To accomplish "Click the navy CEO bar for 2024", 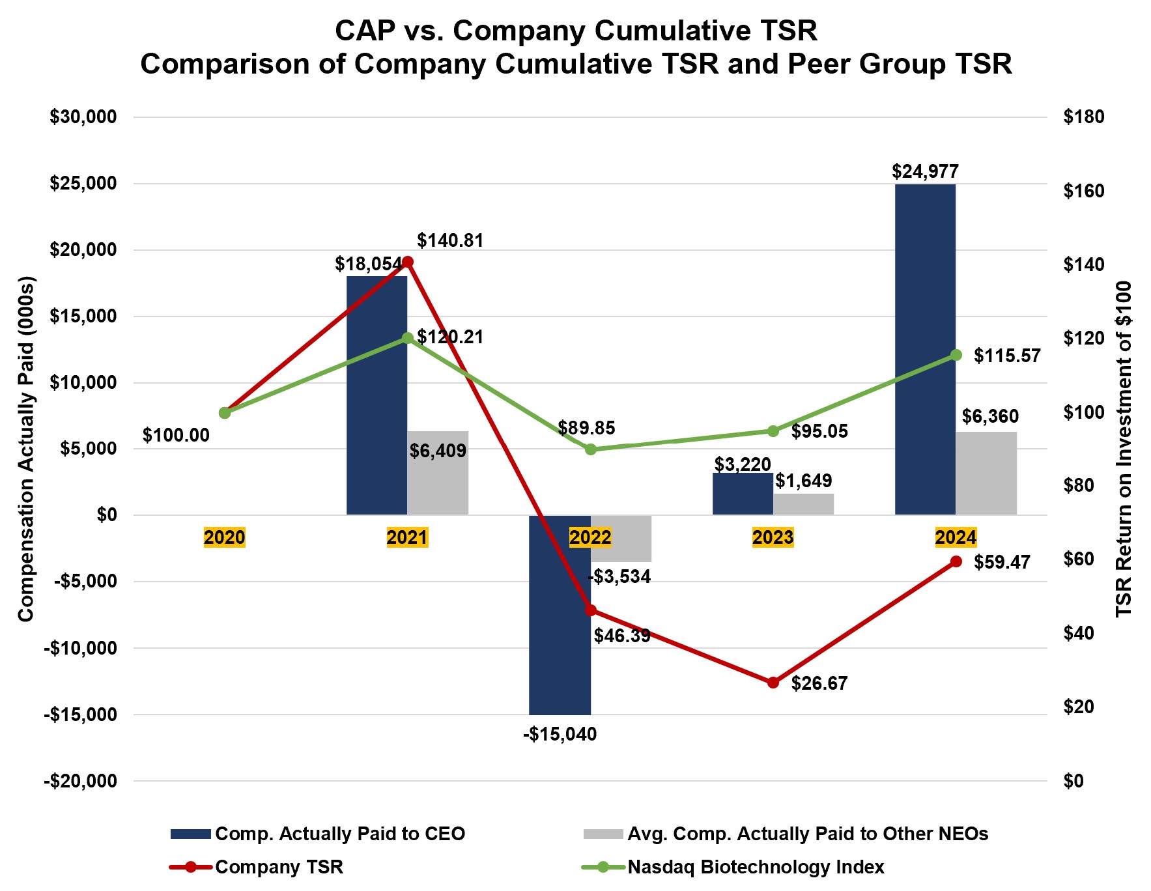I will tap(925, 349).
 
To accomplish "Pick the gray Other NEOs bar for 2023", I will tap(803, 504).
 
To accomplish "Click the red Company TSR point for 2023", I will tap(773, 683).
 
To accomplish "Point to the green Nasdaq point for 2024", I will tap(956, 355).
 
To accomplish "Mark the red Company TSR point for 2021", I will tap(408, 262).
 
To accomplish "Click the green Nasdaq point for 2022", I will tap(591, 449).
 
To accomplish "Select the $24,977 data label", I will tap(925, 171).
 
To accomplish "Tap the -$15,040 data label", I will tap(560, 735).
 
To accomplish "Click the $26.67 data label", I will tap(819, 683).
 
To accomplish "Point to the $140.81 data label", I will tap(450, 241).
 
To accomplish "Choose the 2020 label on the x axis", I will tap(225, 537).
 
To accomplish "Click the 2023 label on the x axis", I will tap(773, 537).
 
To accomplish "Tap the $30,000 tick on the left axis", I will tap(83, 117).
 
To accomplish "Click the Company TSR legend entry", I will tap(279, 868).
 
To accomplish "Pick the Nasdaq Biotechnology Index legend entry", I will tap(756, 868).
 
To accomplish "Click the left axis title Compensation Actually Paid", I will tap(26, 449).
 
